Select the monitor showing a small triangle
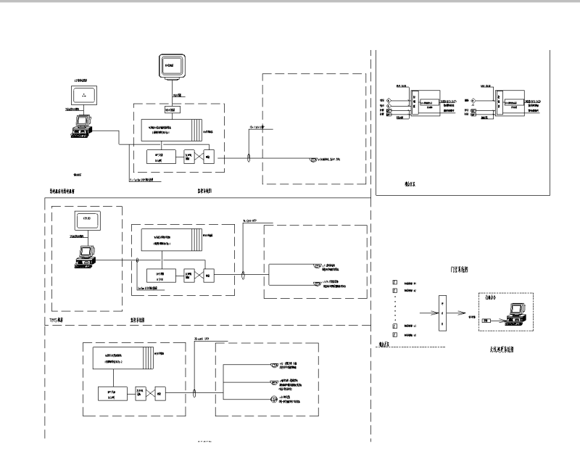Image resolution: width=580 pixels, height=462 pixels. click(85, 95)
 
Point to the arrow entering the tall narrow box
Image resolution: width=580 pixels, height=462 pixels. click(420, 313)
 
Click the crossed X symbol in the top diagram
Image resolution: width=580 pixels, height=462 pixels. click(191, 158)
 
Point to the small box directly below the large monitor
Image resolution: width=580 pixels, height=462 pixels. click(172, 110)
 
